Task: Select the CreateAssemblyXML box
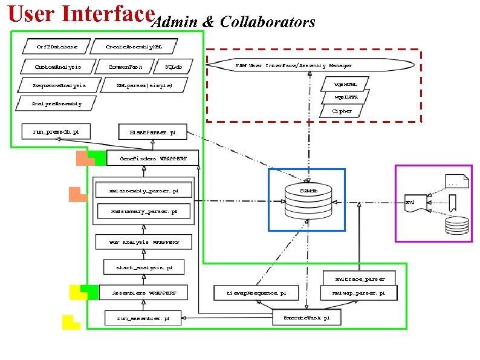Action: [133, 46]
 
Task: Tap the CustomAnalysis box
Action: [57, 66]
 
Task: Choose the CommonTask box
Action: [126, 66]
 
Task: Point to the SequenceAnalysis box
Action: [59, 85]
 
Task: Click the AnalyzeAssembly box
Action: [56, 103]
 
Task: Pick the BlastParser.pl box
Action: [153, 131]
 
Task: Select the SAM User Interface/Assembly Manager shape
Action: [310, 65]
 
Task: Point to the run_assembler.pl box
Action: [143, 317]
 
